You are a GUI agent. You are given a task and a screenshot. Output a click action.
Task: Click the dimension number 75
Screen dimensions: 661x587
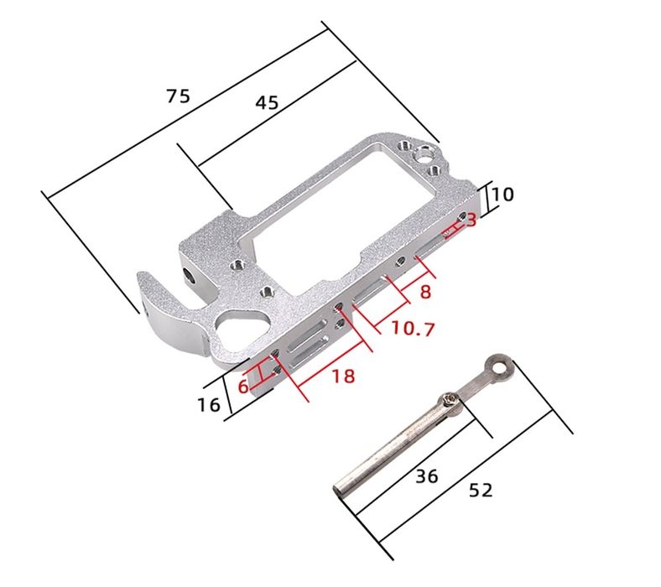(178, 96)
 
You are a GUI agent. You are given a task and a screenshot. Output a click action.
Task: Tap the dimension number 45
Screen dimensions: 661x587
(267, 102)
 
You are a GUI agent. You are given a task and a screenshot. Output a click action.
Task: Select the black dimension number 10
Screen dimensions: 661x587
(503, 195)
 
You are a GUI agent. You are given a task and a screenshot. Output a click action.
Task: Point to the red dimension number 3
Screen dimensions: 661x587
(471, 220)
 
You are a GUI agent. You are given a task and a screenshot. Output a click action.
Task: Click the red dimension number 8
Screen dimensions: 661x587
(425, 292)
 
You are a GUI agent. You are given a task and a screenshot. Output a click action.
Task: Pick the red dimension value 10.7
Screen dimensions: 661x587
(413, 328)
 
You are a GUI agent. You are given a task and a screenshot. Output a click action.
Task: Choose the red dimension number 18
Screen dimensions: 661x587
(343, 376)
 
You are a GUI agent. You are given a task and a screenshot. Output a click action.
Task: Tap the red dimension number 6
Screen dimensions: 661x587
(243, 386)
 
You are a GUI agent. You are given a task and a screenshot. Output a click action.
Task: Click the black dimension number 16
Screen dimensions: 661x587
(209, 405)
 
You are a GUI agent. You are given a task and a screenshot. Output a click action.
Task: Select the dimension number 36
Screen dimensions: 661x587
(427, 476)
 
